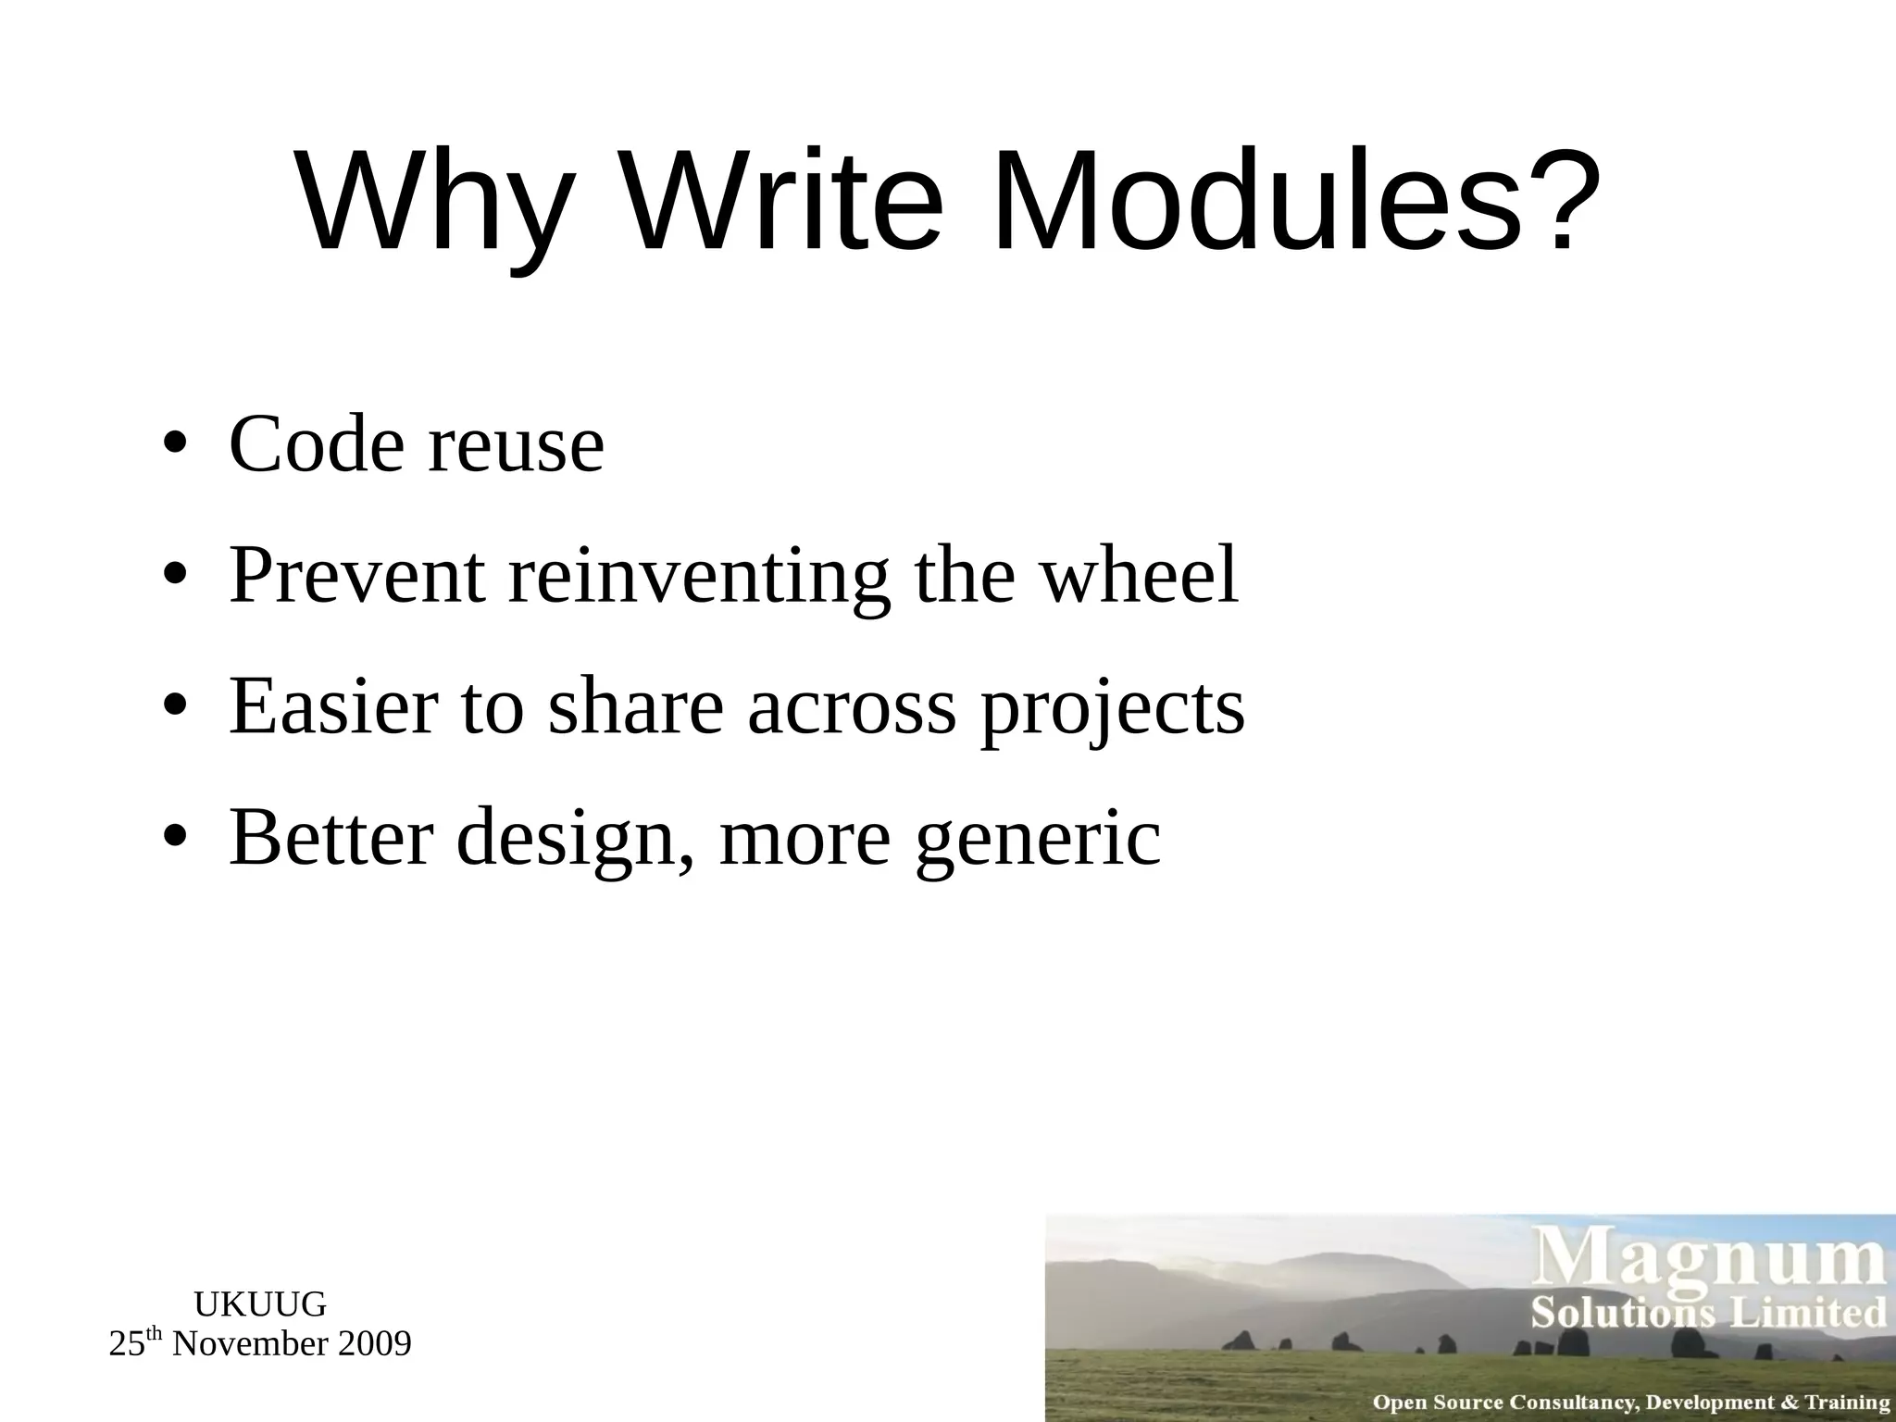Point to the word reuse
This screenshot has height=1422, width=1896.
(516, 446)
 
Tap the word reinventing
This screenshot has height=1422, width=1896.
(699, 577)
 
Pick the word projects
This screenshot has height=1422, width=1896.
(1112, 708)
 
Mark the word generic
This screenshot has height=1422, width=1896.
(1037, 839)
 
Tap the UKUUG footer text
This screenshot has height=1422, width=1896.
(260, 1304)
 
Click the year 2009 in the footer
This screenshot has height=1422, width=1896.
(374, 1344)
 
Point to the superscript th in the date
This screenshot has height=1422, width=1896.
(155, 1335)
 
